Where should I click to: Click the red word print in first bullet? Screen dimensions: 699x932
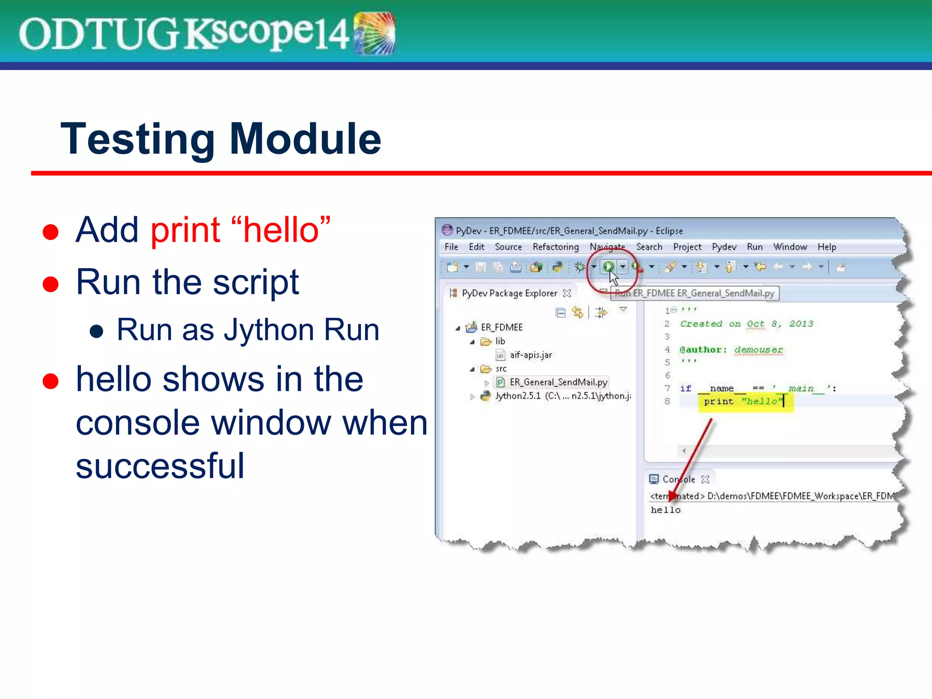[185, 230]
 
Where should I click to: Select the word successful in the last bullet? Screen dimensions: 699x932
[160, 466]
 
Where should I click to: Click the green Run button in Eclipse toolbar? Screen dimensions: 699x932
[608, 267]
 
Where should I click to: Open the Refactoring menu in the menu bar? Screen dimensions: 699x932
[555, 247]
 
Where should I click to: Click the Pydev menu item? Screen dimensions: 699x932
[724, 247]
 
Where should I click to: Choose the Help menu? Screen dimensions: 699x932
[826, 247]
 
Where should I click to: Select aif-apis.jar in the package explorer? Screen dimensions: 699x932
[530, 355]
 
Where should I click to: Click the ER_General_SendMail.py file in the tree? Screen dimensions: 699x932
[558, 382]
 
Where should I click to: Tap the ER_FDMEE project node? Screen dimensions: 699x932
[501, 328]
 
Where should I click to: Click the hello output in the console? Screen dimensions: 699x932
[665, 510]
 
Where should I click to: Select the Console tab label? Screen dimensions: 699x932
[678, 479]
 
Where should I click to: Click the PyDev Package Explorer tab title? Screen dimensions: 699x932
[509, 294]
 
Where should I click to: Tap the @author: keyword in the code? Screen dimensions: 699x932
[703, 350]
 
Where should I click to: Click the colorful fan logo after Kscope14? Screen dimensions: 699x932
[374, 33]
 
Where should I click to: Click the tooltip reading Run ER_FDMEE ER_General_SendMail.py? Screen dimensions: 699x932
[695, 294]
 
